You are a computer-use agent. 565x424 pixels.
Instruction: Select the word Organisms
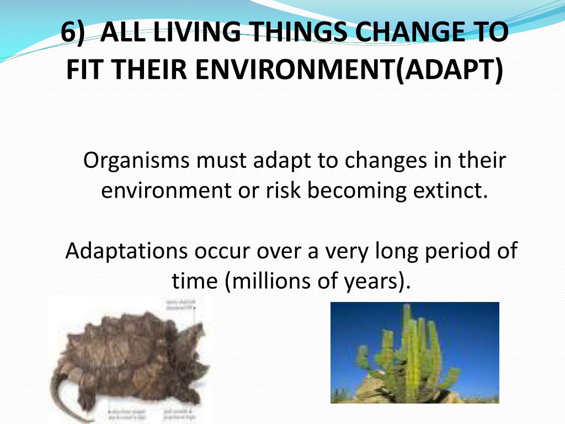(x=138, y=161)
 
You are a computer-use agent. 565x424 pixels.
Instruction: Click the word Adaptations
(x=126, y=251)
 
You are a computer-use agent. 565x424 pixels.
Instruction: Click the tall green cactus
(x=411, y=353)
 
